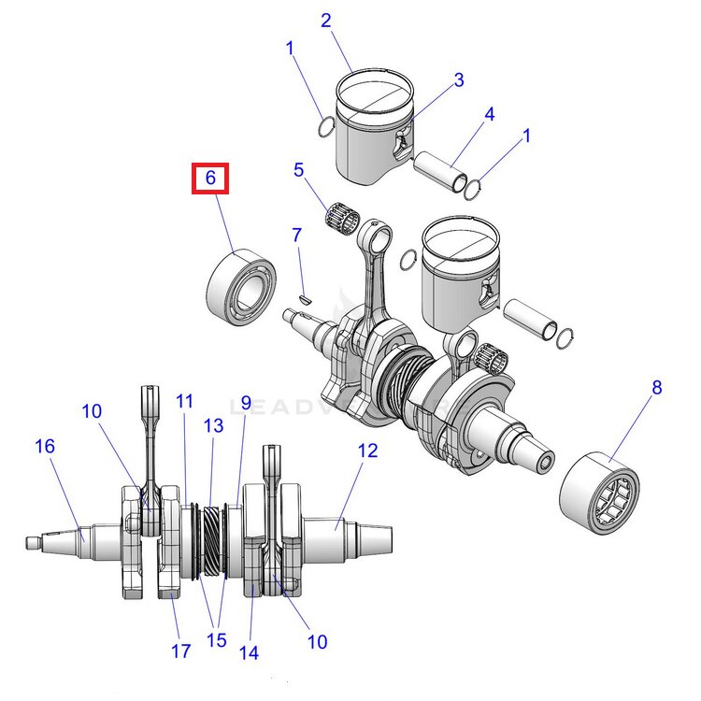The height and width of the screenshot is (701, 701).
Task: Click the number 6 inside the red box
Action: point(210,178)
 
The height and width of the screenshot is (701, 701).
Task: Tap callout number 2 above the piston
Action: point(326,21)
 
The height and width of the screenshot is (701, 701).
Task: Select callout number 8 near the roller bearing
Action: point(656,388)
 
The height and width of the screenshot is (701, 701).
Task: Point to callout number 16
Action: point(45,446)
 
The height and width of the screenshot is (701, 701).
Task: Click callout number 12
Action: point(367,451)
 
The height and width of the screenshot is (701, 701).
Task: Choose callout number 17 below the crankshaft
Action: point(181,651)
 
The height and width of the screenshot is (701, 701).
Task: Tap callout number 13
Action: point(213,425)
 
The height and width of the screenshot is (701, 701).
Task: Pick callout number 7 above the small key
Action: point(297,236)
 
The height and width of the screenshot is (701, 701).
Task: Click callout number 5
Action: point(299,170)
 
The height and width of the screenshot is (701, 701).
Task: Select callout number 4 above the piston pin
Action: point(490,114)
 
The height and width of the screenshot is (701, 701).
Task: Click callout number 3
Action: point(459,80)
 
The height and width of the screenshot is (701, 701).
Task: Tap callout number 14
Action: point(249,653)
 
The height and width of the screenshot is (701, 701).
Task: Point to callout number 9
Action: point(247,403)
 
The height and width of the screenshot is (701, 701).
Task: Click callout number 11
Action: point(185,402)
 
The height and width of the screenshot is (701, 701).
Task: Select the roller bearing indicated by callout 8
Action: point(599,494)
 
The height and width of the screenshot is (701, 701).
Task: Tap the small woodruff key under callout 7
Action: point(304,299)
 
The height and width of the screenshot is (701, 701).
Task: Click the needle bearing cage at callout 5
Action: point(342,216)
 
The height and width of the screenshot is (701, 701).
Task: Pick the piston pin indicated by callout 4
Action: point(441,172)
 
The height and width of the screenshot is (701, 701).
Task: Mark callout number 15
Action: point(217,640)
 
